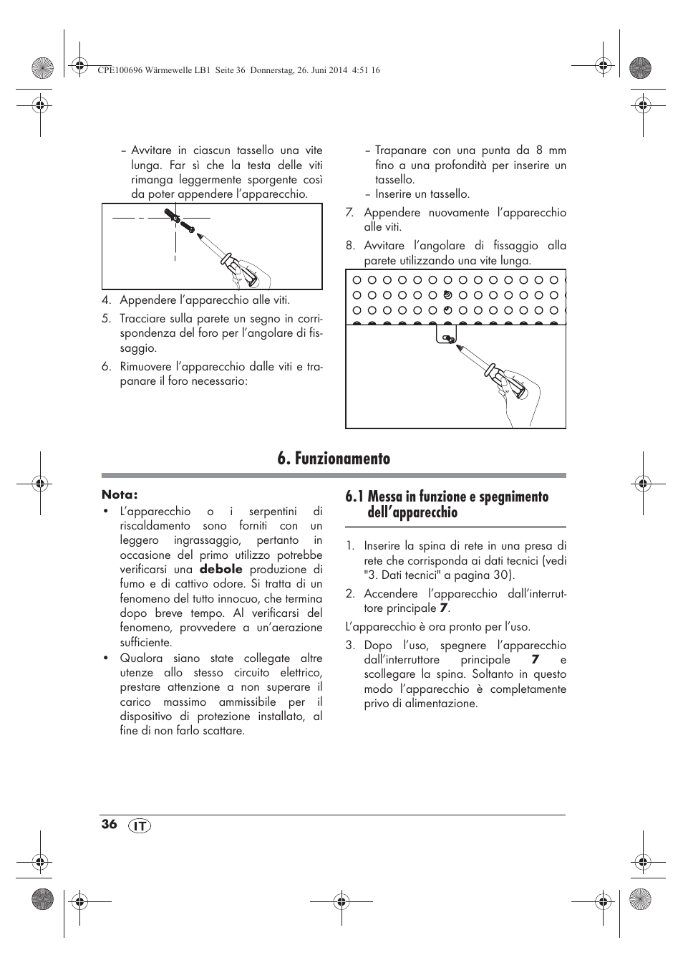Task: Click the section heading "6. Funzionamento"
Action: point(334,459)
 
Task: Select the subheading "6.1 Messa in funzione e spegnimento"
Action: point(447,497)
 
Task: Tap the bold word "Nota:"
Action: point(120,494)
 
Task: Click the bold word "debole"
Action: point(221,570)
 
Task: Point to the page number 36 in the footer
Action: point(109,824)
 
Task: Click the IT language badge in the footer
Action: point(141,825)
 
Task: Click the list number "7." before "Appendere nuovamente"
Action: point(350,213)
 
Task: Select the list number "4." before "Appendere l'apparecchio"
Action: point(106,300)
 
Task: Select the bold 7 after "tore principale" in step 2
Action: point(444,608)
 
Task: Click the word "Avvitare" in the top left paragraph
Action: point(152,150)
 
